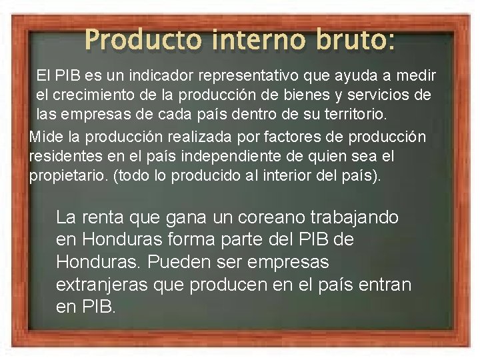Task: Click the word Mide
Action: (45, 137)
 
